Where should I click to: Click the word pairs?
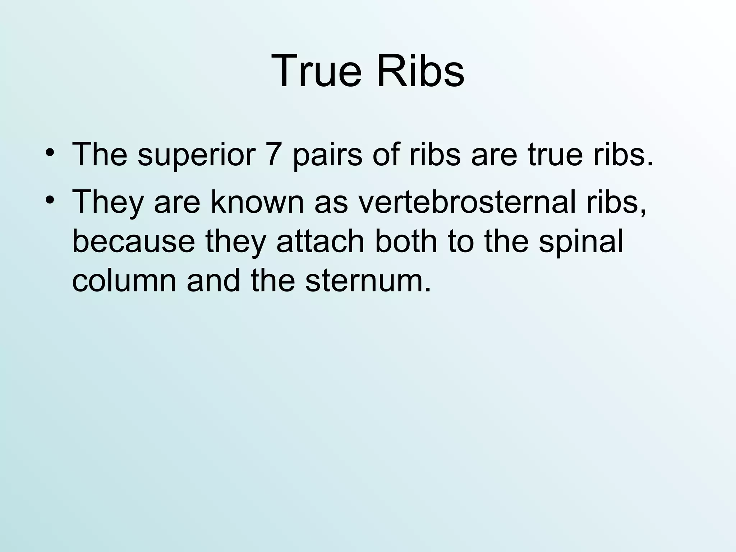click(x=327, y=155)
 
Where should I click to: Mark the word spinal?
click(x=581, y=242)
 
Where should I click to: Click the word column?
click(x=124, y=281)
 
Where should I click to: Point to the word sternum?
click(x=368, y=281)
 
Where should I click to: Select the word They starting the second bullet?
click(x=108, y=203)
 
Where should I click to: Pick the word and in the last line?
click(x=213, y=281)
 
